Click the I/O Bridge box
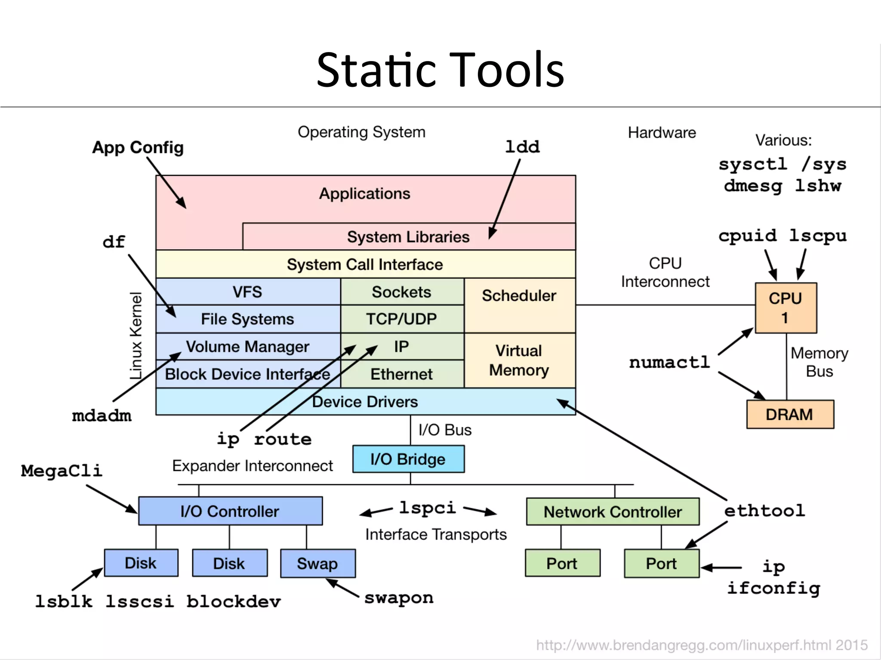coord(408,459)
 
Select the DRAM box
coord(789,414)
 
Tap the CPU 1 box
coord(786,308)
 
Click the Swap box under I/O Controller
coord(317,563)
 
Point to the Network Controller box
coord(613,511)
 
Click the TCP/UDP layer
coord(401,319)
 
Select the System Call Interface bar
coord(365,264)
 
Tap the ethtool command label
coord(764,511)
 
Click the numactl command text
coord(669,362)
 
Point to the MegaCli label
coord(62,471)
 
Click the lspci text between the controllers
coord(427,508)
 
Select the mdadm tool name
coord(102,416)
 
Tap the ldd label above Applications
coord(522,147)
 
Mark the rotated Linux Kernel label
coord(136,336)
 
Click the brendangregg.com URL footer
coord(701,645)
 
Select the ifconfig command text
coord(773,588)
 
